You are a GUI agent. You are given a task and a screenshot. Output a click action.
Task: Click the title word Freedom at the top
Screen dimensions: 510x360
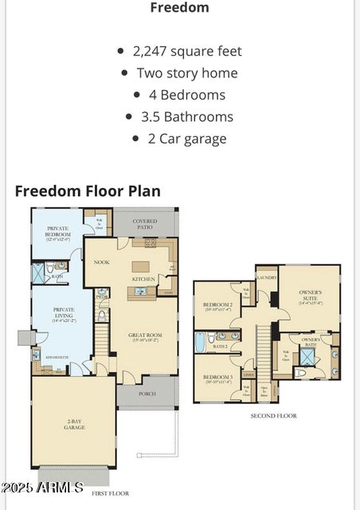click(x=180, y=8)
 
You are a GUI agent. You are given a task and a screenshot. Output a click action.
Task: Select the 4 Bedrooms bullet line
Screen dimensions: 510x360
click(x=181, y=95)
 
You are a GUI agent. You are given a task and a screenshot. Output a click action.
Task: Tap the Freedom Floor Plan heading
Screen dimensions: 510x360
click(x=88, y=191)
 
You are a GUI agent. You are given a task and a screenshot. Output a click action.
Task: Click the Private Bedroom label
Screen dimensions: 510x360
click(x=57, y=232)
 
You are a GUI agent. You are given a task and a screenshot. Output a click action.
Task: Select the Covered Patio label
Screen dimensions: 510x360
click(x=144, y=224)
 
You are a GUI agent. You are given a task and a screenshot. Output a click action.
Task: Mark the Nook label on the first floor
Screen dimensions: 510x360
click(x=101, y=261)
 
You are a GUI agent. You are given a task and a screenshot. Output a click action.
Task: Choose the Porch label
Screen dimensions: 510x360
click(x=147, y=394)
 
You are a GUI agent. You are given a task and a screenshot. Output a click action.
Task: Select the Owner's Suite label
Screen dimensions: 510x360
click(x=310, y=295)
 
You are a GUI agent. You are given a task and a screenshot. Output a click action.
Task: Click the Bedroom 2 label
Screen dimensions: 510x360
click(x=217, y=307)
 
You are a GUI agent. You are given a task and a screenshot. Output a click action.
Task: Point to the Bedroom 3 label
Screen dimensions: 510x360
click(x=217, y=379)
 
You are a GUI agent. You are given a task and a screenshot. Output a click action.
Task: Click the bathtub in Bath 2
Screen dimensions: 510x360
click(x=201, y=342)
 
